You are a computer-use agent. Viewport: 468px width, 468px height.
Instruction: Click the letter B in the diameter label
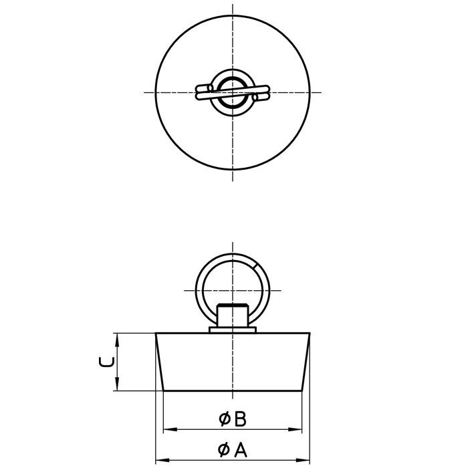point(241,419)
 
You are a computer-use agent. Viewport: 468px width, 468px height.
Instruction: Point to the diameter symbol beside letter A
point(225,450)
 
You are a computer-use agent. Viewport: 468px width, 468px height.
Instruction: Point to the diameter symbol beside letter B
point(225,419)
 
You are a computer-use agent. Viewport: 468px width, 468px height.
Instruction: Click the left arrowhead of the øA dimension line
point(160,460)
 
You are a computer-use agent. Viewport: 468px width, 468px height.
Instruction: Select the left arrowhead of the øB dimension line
point(167,429)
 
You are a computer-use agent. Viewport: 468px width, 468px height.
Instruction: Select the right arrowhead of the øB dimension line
point(300,429)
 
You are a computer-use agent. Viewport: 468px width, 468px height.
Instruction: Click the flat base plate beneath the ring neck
point(233,329)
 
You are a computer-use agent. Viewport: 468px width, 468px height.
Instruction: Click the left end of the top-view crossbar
point(199,93)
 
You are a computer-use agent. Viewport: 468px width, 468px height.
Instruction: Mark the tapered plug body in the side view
point(233,361)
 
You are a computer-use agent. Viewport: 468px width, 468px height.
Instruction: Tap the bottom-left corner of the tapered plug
point(164,390)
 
